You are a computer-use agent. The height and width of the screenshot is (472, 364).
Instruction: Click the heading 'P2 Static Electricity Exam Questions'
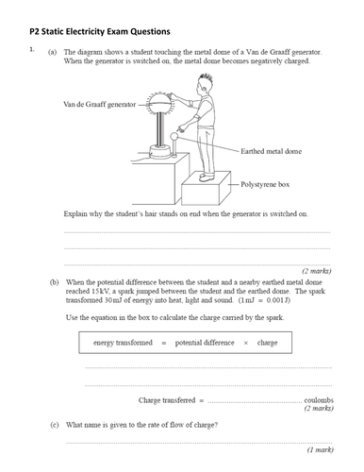[x=100, y=32]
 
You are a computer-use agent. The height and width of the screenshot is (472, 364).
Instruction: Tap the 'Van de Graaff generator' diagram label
[x=100, y=104]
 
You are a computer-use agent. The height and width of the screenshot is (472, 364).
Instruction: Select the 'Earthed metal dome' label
[x=271, y=151]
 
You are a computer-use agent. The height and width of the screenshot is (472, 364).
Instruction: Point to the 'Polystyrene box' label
[x=265, y=184]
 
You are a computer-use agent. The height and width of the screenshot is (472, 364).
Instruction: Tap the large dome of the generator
[x=160, y=103]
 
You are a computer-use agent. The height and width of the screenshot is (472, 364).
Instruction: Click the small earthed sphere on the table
[x=174, y=136]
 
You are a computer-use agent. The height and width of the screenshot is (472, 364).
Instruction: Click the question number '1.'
[x=32, y=49]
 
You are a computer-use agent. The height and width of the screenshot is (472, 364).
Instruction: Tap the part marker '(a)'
[x=52, y=52]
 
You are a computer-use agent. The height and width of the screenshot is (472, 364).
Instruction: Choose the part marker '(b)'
[x=55, y=282]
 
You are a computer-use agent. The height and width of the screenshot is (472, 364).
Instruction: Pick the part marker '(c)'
[x=55, y=425]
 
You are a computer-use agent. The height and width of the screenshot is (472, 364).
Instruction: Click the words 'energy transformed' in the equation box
[x=123, y=343]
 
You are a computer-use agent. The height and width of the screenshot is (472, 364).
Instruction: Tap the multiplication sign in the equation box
[x=246, y=343]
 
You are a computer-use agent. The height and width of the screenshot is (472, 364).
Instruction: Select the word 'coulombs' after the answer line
[x=319, y=400]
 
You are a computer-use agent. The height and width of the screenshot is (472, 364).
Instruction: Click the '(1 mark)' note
[x=321, y=449]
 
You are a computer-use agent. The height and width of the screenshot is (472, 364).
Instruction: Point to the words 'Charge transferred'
[x=167, y=400]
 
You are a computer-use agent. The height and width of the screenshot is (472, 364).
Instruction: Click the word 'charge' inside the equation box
[x=267, y=343]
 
